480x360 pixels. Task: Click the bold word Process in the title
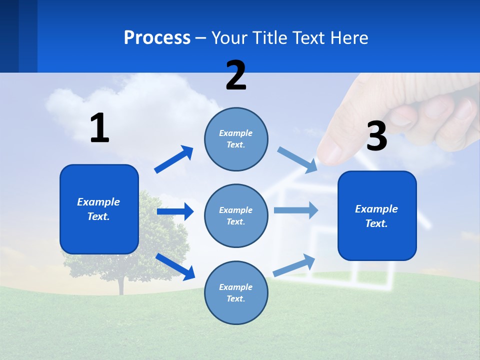(x=157, y=37)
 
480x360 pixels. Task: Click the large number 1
(x=99, y=128)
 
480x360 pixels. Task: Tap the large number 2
(x=236, y=75)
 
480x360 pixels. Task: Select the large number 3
(x=376, y=136)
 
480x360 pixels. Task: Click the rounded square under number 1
(x=99, y=209)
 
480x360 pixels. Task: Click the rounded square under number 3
(x=377, y=216)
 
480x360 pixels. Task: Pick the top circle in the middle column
(x=236, y=139)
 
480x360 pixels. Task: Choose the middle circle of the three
(x=236, y=215)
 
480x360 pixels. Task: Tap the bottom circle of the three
(x=236, y=292)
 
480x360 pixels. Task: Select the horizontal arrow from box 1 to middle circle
(x=175, y=211)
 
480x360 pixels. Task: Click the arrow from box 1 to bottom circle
(x=175, y=266)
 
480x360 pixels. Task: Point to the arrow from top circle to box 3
(x=297, y=159)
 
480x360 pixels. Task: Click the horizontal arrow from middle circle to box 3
(x=296, y=210)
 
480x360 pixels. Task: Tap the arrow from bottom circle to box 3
(x=294, y=265)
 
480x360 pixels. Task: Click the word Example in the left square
(x=98, y=202)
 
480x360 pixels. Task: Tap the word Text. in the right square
(x=376, y=223)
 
